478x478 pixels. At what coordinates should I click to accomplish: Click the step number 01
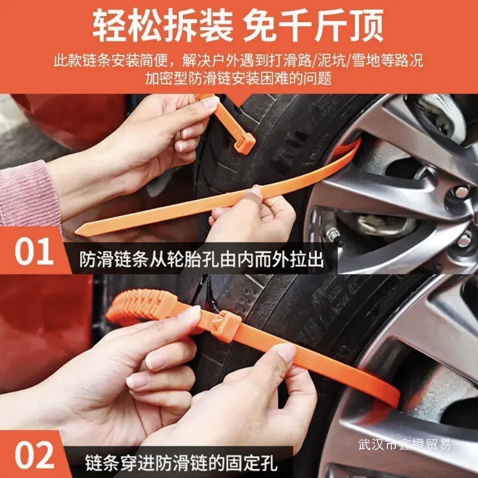(x=34, y=252)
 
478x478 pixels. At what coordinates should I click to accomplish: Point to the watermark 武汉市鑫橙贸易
(x=404, y=444)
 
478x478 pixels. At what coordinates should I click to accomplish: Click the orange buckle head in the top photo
(x=244, y=143)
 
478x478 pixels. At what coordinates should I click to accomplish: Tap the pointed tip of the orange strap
(x=76, y=233)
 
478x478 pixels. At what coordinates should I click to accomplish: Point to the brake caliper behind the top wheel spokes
(x=383, y=224)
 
